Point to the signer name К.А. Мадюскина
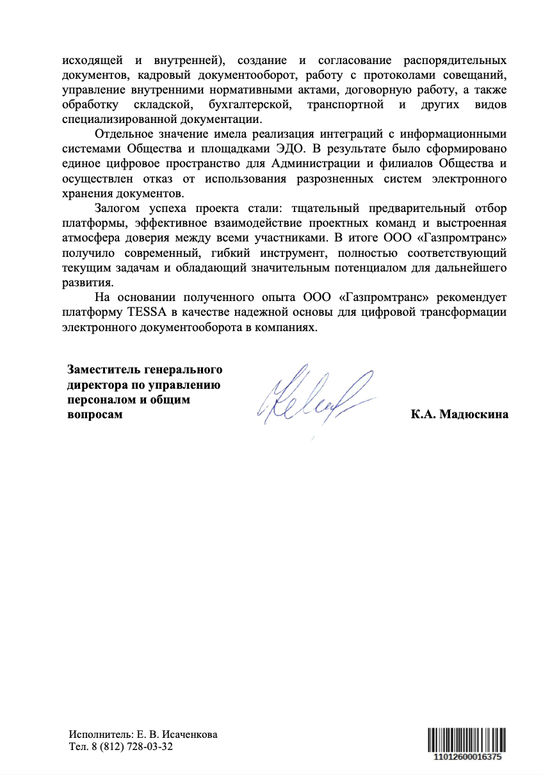point(459,414)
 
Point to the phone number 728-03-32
point(150,747)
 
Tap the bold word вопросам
point(95,414)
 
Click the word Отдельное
point(120,134)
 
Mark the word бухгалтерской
point(250,104)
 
